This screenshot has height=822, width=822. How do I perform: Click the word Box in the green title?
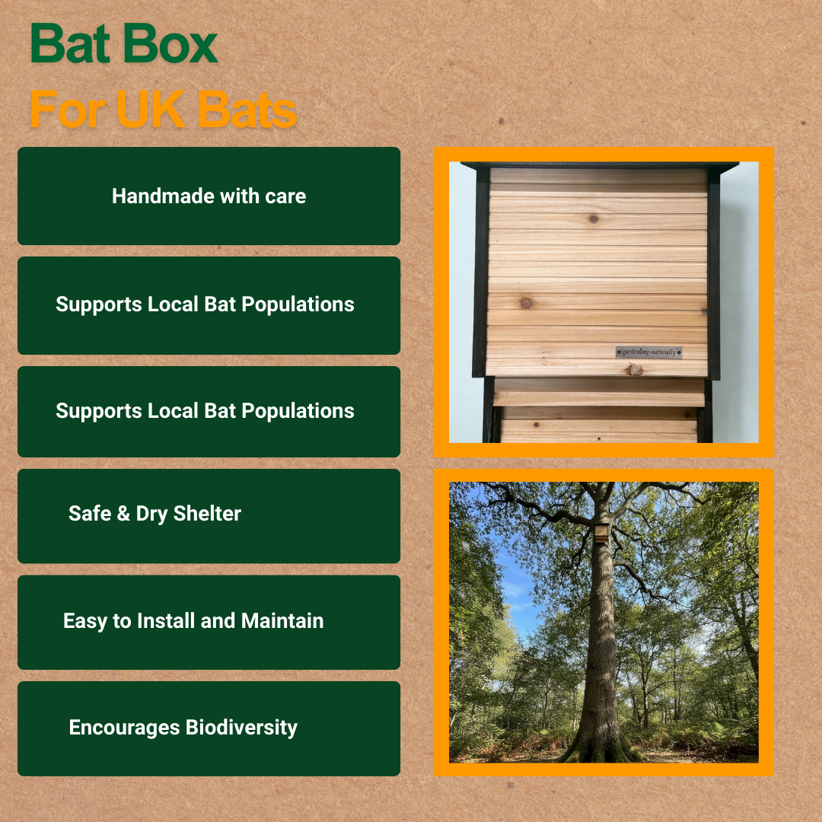point(172,45)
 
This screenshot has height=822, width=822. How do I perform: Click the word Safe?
point(89,514)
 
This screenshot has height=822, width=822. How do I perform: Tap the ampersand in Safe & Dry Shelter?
point(123,514)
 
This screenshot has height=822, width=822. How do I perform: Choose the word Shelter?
point(207,514)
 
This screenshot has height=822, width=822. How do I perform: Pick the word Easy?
point(85,621)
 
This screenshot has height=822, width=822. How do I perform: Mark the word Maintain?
point(282,621)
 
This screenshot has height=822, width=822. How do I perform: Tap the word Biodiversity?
point(241,728)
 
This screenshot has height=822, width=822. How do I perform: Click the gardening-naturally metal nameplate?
point(648,352)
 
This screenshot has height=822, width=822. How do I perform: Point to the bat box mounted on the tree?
point(601,533)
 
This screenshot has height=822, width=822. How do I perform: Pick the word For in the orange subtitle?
point(64,110)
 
